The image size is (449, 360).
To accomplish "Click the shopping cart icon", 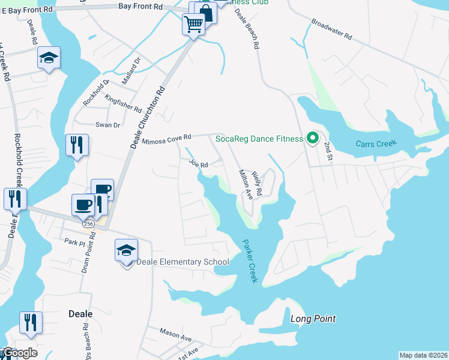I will [193, 25].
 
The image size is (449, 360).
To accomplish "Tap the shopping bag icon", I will [205, 13].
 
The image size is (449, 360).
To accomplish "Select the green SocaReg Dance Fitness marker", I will [312, 139].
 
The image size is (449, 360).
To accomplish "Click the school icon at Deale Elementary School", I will [127, 250].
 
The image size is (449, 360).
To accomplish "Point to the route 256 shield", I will [88, 223].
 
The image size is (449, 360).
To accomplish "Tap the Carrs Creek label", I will [376, 144].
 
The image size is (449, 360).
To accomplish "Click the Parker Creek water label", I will [250, 262].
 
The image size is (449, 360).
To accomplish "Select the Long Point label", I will [313, 319].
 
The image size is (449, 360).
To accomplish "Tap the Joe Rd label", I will [198, 163].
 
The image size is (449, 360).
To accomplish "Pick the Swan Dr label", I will [108, 125].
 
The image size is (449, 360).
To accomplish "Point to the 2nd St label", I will [328, 147].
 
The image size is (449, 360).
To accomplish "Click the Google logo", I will [19, 353].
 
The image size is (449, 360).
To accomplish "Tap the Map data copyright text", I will [423, 355].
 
